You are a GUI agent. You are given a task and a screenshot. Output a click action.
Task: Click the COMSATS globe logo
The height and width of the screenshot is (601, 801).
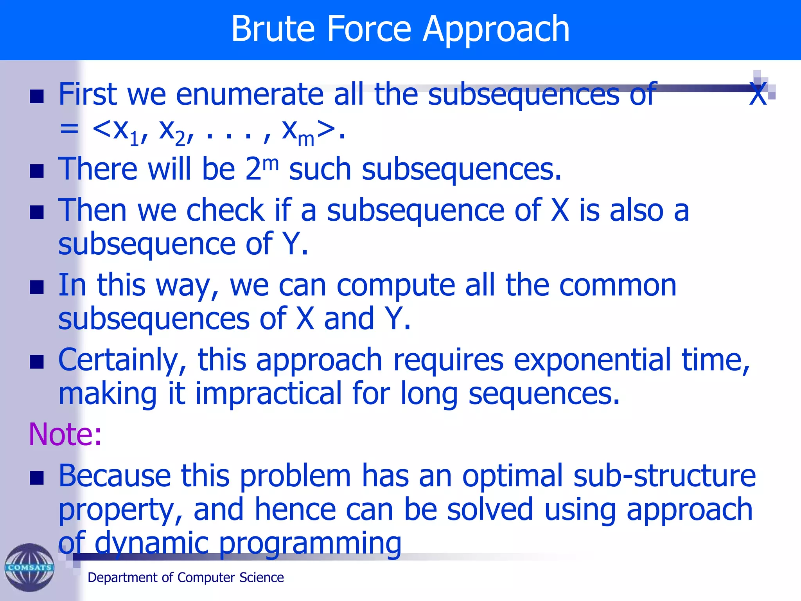point(29,567)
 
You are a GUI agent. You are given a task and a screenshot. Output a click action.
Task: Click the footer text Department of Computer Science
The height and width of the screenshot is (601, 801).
point(185,578)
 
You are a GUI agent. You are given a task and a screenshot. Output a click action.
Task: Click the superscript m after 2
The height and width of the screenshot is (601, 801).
point(271,163)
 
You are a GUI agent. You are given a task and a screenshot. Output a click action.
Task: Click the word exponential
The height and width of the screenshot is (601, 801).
point(592,360)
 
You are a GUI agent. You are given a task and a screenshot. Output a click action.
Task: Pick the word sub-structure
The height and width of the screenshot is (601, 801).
point(664,476)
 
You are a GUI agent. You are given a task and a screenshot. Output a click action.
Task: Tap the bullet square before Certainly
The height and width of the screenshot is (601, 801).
point(37,362)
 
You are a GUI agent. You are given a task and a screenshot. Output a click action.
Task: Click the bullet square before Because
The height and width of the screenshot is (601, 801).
point(37,478)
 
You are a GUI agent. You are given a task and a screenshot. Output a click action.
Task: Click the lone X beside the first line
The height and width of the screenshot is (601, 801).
point(758,94)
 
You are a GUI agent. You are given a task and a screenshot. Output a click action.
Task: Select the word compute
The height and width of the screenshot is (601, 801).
point(396,285)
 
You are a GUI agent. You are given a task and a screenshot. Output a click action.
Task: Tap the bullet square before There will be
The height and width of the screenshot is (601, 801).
point(37,171)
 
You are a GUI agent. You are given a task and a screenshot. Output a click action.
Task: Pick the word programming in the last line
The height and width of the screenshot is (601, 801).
point(310,544)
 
